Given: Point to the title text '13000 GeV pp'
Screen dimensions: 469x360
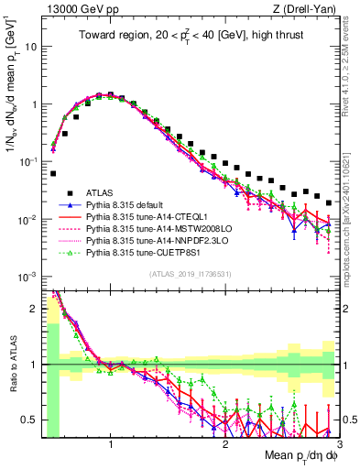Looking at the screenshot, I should [75, 8].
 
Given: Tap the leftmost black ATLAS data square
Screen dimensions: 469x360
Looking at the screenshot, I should [53, 173].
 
